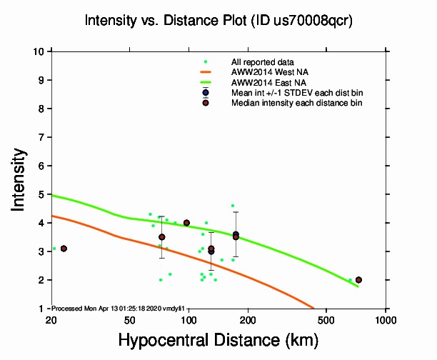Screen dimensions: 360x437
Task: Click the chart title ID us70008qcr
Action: [x=218, y=21]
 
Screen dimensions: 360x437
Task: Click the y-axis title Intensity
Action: [x=20, y=179]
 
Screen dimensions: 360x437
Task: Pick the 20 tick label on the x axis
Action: [x=51, y=318]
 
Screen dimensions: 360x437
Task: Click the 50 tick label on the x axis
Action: [x=129, y=318]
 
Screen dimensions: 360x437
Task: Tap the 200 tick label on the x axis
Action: [x=248, y=318]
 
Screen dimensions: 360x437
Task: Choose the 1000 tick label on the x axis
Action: [x=386, y=318]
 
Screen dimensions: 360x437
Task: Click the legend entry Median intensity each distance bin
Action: [x=296, y=103]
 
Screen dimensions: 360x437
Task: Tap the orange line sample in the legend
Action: [x=206, y=72]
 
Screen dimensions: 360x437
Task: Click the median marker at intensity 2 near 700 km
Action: [x=358, y=280]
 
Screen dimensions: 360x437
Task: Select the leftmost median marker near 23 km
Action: [x=64, y=249]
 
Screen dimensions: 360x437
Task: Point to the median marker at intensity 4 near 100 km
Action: [x=186, y=223]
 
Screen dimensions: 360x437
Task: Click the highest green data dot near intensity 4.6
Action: [x=233, y=206]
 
